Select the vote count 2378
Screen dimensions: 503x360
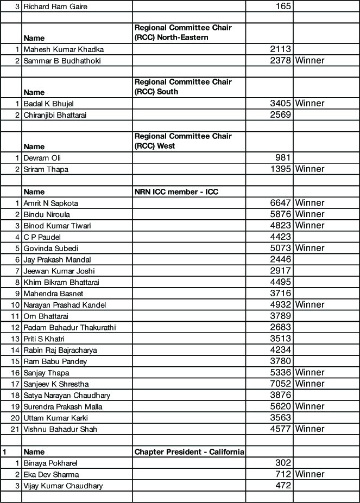[x=281, y=60]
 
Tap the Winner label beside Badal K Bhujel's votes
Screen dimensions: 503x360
[x=310, y=103]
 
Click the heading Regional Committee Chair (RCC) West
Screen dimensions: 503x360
[x=182, y=141]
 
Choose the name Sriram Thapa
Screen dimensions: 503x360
[x=46, y=169]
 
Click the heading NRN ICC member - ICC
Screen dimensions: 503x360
[x=176, y=192]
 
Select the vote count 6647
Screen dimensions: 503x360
[x=281, y=203]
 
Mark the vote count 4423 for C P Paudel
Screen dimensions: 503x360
[x=281, y=237]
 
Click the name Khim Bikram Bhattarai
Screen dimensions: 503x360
[x=61, y=282]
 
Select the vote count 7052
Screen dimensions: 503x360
[x=281, y=384]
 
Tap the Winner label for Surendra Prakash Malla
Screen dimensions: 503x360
[x=310, y=406]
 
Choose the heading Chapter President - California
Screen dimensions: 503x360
[x=189, y=451]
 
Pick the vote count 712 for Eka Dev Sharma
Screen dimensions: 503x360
[x=284, y=474]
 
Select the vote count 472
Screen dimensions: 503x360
[x=284, y=486]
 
